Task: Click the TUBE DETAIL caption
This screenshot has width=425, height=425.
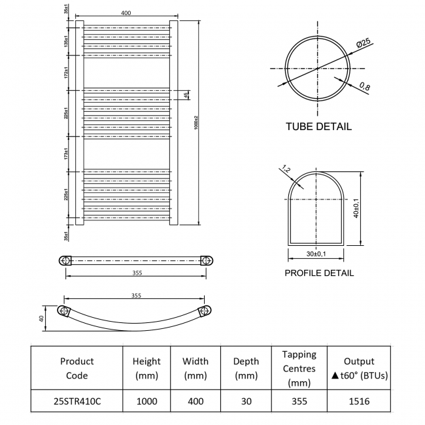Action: tap(318, 126)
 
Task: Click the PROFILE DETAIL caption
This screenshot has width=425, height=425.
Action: tap(319, 273)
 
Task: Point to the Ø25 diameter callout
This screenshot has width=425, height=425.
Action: tap(364, 42)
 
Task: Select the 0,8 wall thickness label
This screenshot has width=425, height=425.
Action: tap(364, 86)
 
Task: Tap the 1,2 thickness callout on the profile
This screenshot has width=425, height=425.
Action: tap(284, 171)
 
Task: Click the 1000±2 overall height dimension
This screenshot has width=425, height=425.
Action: tap(196, 122)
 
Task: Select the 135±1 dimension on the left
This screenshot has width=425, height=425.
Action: tap(67, 41)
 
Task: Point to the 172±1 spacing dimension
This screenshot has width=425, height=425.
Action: tap(67, 73)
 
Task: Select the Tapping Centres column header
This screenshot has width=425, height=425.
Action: tap(299, 368)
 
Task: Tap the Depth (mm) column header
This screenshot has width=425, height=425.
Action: tap(246, 368)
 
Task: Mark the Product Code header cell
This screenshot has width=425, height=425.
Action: tap(76, 368)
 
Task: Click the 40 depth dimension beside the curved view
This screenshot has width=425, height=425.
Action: tap(41, 318)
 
